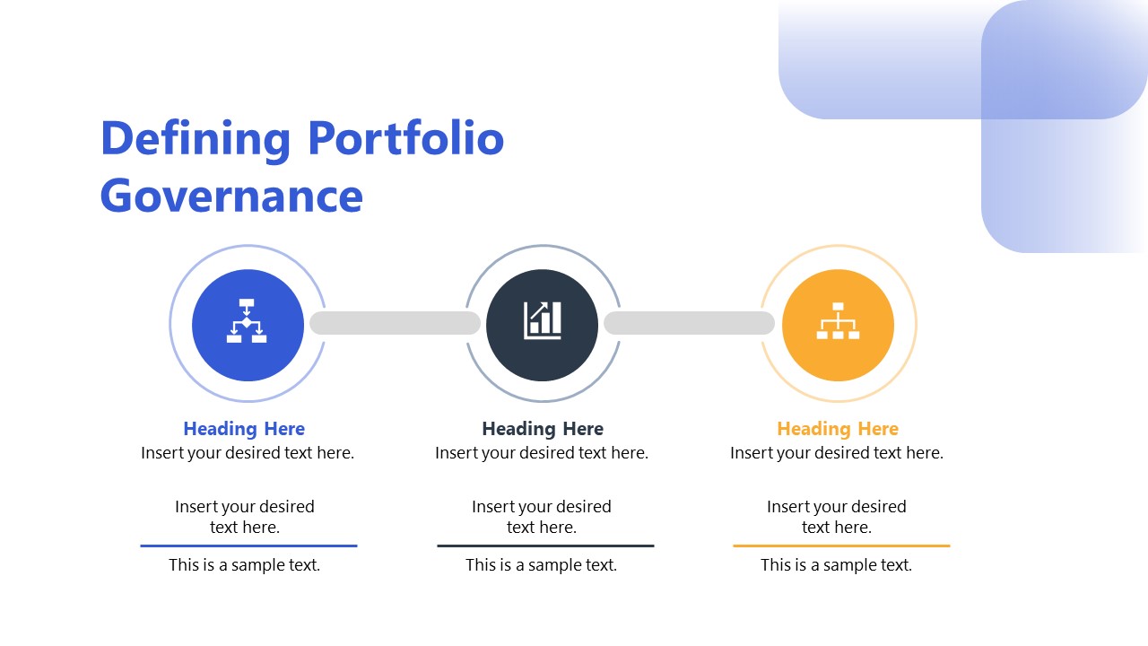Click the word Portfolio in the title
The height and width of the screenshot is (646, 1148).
(405, 139)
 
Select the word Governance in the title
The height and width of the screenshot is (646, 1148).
(231, 196)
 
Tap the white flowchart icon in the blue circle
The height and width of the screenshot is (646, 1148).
(247, 321)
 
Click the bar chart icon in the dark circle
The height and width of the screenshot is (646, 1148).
(542, 321)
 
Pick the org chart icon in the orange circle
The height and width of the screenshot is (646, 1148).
(838, 321)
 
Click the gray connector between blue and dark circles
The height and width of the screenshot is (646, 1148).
(395, 323)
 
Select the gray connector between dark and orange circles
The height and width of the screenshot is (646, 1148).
(689, 323)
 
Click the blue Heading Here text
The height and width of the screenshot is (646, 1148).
(244, 429)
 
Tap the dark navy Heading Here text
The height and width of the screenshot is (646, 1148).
(543, 429)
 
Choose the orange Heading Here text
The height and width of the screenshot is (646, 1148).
(838, 429)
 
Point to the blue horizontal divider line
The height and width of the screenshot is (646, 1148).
(248, 546)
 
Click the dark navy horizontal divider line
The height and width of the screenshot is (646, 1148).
(545, 546)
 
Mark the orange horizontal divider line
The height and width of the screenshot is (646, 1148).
(841, 546)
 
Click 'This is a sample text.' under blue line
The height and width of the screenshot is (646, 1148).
(244, 565)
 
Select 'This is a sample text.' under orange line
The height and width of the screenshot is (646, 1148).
(836, 565)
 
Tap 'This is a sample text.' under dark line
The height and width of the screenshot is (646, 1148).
(541, 565)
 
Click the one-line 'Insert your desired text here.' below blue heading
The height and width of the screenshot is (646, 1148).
(248, 453)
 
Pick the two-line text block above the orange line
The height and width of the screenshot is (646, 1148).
(837, 517)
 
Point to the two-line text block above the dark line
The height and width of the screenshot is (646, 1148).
(542, 517)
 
